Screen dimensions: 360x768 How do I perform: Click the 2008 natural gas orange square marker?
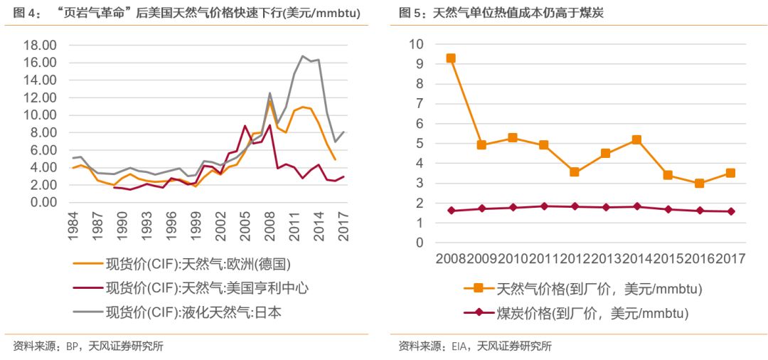(450, 58)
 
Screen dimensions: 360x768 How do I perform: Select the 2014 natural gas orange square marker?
(636, 140)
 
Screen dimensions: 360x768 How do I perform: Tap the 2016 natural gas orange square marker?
(699, 183)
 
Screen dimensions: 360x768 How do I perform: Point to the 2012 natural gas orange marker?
(575, 172)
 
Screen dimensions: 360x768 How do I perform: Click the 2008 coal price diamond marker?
(450, 211)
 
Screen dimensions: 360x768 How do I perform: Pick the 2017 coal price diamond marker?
(730, 211)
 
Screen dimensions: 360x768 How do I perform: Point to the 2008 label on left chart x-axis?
(269, 226)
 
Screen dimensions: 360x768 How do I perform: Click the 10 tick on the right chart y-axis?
(416, 44)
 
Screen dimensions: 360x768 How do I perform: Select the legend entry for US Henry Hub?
(206, 287)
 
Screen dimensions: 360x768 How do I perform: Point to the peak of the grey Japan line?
(303, 55)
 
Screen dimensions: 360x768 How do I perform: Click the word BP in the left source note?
(72, 346)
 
